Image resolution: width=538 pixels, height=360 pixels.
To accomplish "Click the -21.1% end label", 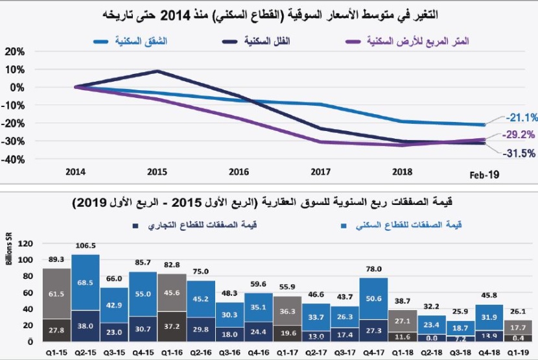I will tap(516, 117).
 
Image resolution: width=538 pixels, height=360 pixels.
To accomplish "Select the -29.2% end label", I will tap(516, 136).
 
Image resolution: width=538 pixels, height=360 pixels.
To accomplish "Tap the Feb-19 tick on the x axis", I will tap(484, 174).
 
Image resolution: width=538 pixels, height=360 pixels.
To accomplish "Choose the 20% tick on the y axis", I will tap(14, 51).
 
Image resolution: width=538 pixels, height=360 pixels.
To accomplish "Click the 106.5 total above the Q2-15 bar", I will tap(84, 247).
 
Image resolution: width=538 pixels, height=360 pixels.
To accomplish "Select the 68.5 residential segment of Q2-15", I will tap(85, 283).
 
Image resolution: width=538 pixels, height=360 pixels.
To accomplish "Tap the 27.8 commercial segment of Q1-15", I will tap(55, 330).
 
